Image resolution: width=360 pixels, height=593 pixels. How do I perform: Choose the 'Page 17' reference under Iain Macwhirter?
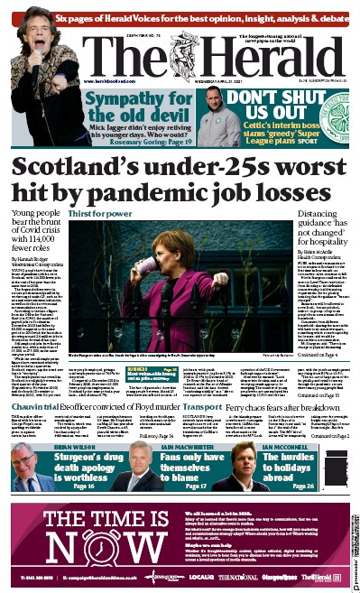(184, 486)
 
